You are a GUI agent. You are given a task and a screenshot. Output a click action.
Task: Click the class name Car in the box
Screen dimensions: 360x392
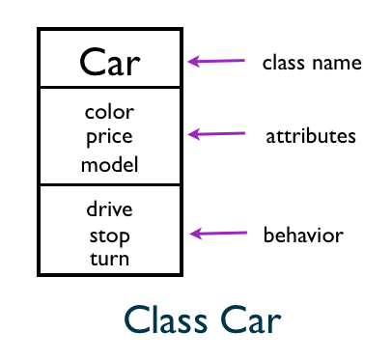109,62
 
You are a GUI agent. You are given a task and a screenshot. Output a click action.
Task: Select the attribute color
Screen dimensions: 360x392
109,112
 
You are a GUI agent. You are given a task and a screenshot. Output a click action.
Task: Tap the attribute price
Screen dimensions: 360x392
109,136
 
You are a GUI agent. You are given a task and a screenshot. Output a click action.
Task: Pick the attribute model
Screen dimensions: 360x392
109,164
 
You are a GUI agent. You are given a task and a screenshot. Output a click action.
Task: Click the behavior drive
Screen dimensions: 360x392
109,208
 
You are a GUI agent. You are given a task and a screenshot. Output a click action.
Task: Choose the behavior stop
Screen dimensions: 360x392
109,235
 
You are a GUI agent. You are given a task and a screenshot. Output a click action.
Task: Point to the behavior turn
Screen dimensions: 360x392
109,259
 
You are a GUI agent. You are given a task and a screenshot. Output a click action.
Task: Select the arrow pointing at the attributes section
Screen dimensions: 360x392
216,135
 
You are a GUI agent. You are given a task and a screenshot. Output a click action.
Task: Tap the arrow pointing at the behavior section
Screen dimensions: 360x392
218,233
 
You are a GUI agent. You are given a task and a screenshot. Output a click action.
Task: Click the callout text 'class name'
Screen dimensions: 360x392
311,63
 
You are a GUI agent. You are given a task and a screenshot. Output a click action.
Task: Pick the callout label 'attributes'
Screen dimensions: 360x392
311,136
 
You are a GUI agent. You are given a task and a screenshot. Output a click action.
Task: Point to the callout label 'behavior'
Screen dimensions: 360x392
303,235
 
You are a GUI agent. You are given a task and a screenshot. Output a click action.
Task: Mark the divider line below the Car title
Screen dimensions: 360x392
109,88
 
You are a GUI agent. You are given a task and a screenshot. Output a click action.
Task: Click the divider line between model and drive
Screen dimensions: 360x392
109,184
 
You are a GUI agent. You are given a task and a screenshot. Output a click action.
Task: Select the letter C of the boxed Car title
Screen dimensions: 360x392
91,62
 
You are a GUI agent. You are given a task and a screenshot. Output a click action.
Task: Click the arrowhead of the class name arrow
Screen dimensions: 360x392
193,63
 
